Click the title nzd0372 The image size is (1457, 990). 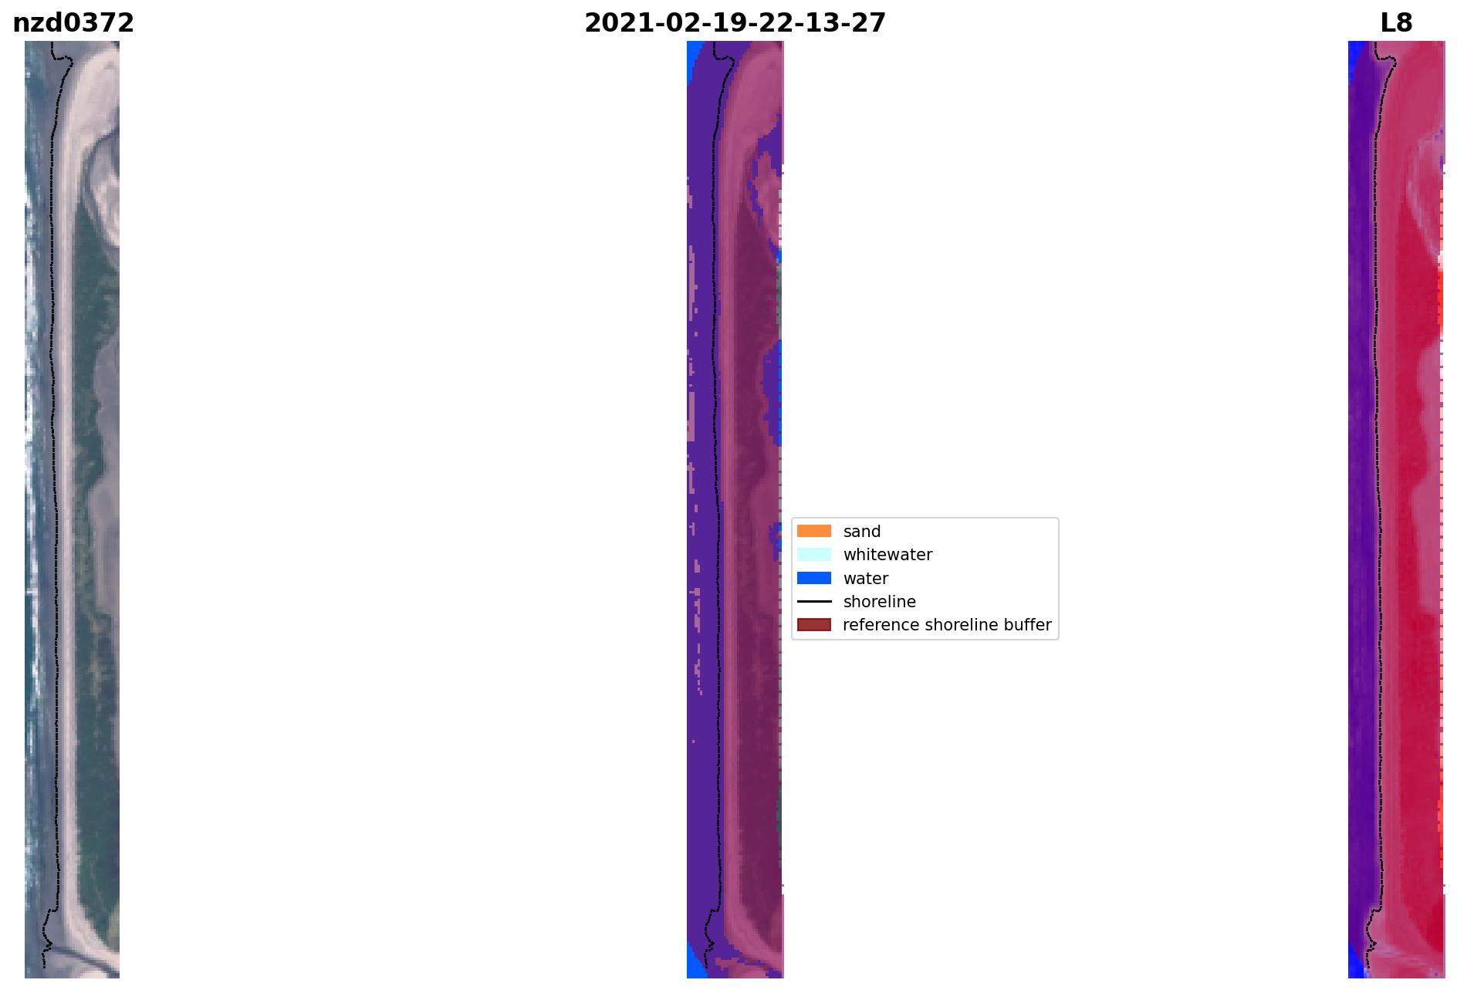point(73,23)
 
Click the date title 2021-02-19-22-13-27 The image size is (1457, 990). point(735,23)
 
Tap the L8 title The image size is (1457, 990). point(1396,23)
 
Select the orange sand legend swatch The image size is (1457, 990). point(814,531)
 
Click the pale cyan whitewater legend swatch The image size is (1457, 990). point(814,555)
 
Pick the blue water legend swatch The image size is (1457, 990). point(814,578)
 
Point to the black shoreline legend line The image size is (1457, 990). point(814,601)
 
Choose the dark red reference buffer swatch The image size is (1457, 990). point(814,624)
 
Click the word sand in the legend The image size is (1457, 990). point(862,532)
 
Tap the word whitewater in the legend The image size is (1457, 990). point(887,555)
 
